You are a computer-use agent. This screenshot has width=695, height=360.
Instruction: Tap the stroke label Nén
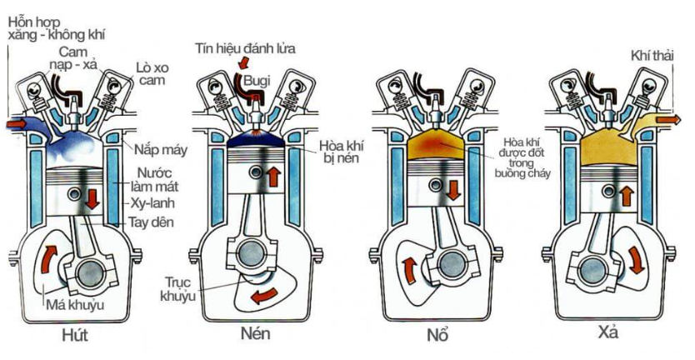[x=255, y=333]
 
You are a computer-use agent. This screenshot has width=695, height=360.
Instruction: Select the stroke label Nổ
[x=437, y=334]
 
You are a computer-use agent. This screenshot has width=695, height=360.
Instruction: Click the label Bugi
[x=257, y=81]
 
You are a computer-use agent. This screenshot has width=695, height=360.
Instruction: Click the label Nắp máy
[x=161, y=149]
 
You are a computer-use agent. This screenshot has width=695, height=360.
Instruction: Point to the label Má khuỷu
[x=75, y=306]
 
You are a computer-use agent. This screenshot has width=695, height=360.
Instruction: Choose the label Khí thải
[x=652, y=57]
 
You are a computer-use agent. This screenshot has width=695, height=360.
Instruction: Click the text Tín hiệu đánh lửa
[x=246, y=48]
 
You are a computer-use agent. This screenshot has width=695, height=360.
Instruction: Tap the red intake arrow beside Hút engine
[x=17, y=123]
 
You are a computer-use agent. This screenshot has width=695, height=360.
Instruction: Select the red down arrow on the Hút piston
[x=92, y=199]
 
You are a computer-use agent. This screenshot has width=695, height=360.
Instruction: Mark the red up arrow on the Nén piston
[x=273, y=177]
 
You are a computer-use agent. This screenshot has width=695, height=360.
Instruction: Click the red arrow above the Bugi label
[x=242, y=62]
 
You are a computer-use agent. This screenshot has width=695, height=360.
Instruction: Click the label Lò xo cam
[x=152, y=74]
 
